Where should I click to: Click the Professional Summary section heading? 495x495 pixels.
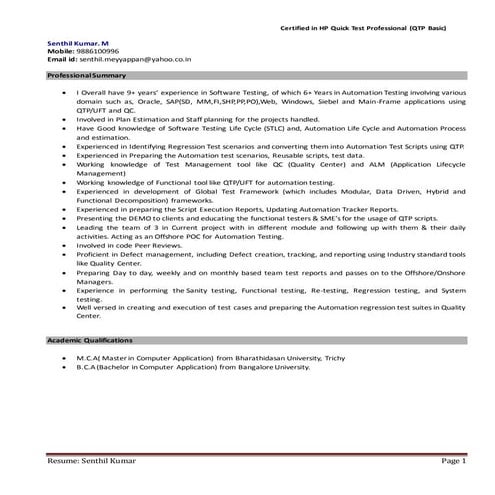point(86,76)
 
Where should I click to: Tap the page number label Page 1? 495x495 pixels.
point(452,461)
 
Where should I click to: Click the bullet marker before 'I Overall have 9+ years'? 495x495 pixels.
point(59,93)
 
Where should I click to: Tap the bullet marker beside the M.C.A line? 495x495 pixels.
point(59,356)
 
